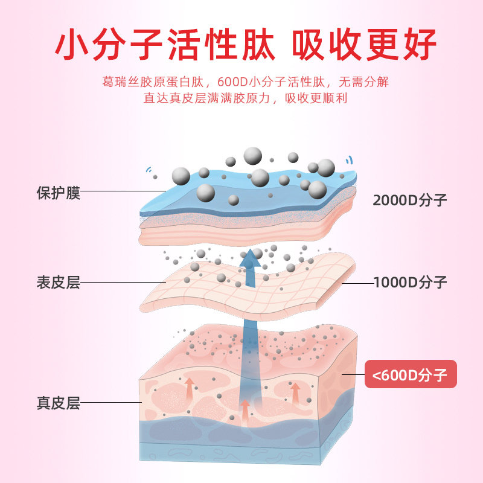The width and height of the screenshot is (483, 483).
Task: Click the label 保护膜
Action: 58,193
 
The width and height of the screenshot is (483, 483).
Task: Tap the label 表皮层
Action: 58,282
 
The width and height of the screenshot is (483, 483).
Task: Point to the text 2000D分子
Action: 409,200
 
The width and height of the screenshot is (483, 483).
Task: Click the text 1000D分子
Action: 411,282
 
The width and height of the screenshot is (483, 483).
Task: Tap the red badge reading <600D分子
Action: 411,376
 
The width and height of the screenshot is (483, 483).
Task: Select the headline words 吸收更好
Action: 364,43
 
